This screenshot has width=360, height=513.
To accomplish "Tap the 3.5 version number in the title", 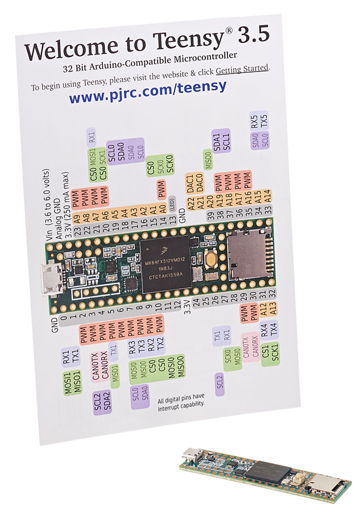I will tap(253, 35).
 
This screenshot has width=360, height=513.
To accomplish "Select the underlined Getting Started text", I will tap(242, 69).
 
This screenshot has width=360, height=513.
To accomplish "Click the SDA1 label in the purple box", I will tap(217, 142).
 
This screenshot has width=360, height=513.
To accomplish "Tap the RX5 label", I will tap(255, 122).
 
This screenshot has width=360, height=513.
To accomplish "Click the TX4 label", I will tap(274, 330).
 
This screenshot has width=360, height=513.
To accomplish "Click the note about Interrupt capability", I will tap(181, 400).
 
